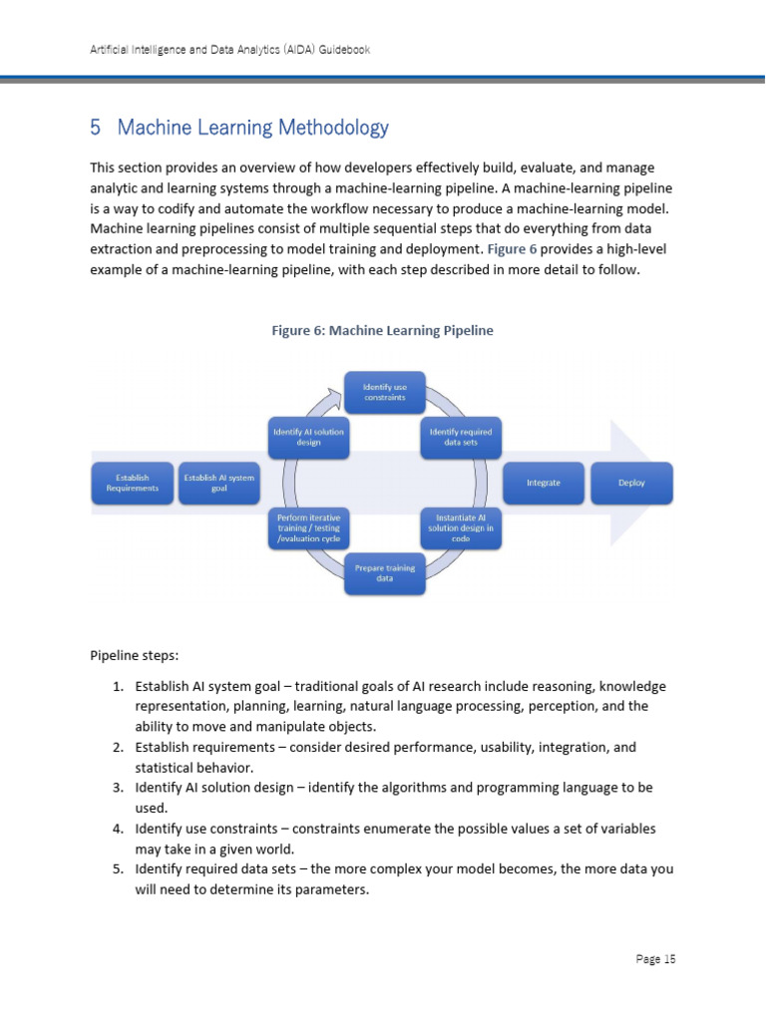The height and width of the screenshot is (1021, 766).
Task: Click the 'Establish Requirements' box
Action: (x=132, y=484)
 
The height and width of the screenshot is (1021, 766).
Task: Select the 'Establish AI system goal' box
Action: (x=219, y=484)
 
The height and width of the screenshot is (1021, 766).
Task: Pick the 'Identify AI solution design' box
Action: (x=308, y=437)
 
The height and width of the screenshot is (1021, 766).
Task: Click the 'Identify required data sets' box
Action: (x=460, y=437)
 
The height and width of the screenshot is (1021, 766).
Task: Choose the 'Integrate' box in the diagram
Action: (x=544, y=483)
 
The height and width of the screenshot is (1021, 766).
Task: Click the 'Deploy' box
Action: (x=631, y=483)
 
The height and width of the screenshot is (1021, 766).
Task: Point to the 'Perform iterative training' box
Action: (x=308, y=527)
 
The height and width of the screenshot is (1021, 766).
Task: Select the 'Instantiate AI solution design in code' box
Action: (x=460, y=527)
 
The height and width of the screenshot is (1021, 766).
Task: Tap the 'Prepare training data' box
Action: (x=384, y=574)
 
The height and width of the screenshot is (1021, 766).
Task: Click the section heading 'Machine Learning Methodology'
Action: (x=252, y=128)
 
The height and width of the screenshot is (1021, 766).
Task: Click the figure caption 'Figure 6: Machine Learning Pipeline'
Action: (x=383, y=330)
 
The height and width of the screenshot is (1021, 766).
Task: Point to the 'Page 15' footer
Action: (x=655, y=959)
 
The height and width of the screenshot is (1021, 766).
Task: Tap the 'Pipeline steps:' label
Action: (x=135, y=656)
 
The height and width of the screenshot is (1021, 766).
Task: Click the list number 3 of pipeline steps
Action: (x=117, y=788)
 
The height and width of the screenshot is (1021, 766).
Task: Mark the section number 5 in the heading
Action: (x=96, y=128)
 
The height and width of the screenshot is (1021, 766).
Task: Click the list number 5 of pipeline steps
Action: (x=117, y=869)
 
